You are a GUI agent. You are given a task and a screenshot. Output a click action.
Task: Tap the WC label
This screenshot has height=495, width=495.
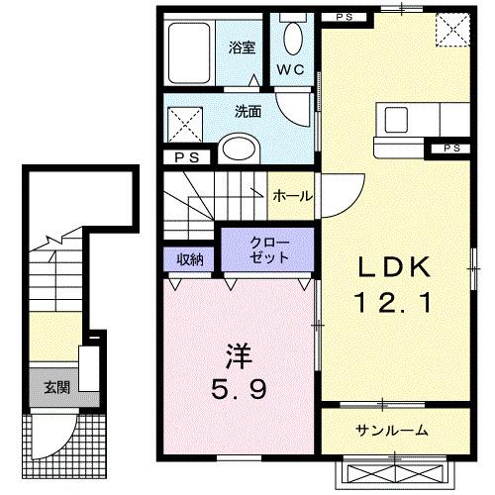pyautogui.click(x=289, y=69)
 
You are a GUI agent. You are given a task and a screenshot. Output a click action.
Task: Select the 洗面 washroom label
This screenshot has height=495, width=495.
pyautogui.click(x=248, y=112)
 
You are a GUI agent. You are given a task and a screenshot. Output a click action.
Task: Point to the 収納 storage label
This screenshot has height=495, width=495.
pyautogui.click(x=191, y=259)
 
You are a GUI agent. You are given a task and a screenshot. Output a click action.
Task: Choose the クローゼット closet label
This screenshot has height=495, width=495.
pyautogui.click(x=269, y=250)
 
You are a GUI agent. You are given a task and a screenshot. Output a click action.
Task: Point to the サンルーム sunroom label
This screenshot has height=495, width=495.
pyautogui.click(x=393, y=430)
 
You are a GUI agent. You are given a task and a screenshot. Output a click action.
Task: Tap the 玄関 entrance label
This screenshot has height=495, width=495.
pyautogui.click(x=56, y=386)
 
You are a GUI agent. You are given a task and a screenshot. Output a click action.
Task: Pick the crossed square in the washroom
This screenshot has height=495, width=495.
pyautogui.click(x=184, y=124)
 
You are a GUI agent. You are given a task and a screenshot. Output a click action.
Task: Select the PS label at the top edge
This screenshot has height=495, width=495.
pyautogui.click(x=342, y=17)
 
